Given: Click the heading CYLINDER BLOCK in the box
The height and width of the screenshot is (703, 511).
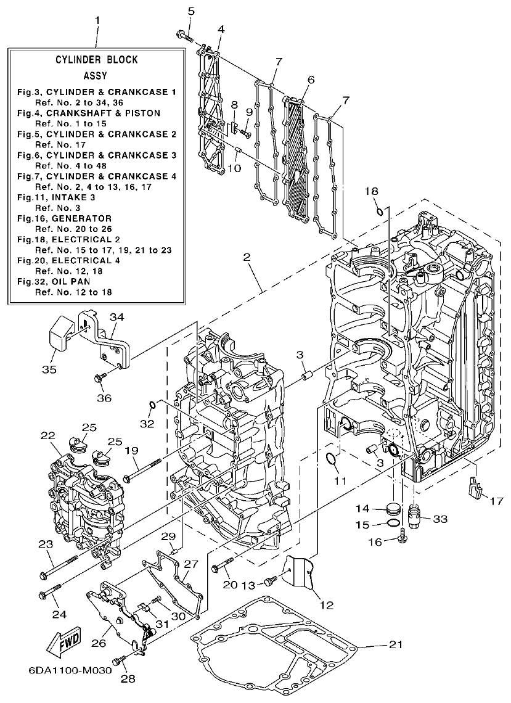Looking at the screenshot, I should pos(97,60).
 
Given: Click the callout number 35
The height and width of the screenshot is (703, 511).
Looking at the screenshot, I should pos(49,369).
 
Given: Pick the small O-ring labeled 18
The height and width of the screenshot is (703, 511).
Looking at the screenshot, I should pos(380,213).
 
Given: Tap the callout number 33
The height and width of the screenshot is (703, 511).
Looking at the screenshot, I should pos(439,519).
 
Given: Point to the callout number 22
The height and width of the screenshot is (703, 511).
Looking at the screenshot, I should pos(48,436).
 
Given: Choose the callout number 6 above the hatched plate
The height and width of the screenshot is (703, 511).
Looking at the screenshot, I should pos(311,80).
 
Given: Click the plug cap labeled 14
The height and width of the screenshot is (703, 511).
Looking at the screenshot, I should pos(391,510).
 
